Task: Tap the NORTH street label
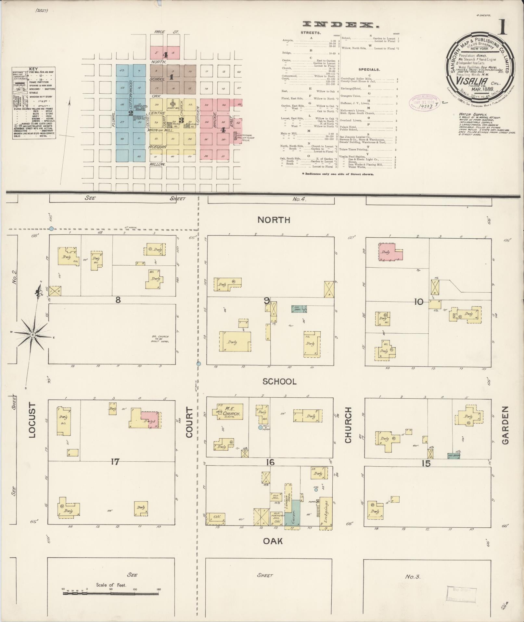pos(274,220)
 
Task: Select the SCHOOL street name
pos(279,381)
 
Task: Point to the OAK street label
pos(273,541)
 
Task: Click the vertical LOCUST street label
pos(32,420)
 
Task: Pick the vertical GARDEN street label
pos(505,425)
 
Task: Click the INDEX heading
pos(341,25)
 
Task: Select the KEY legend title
pos(33,69)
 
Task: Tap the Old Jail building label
pos(275,496)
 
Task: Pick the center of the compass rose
pos(32,335)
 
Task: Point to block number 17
pos(115,461)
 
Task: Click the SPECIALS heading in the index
pos(369,70)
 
